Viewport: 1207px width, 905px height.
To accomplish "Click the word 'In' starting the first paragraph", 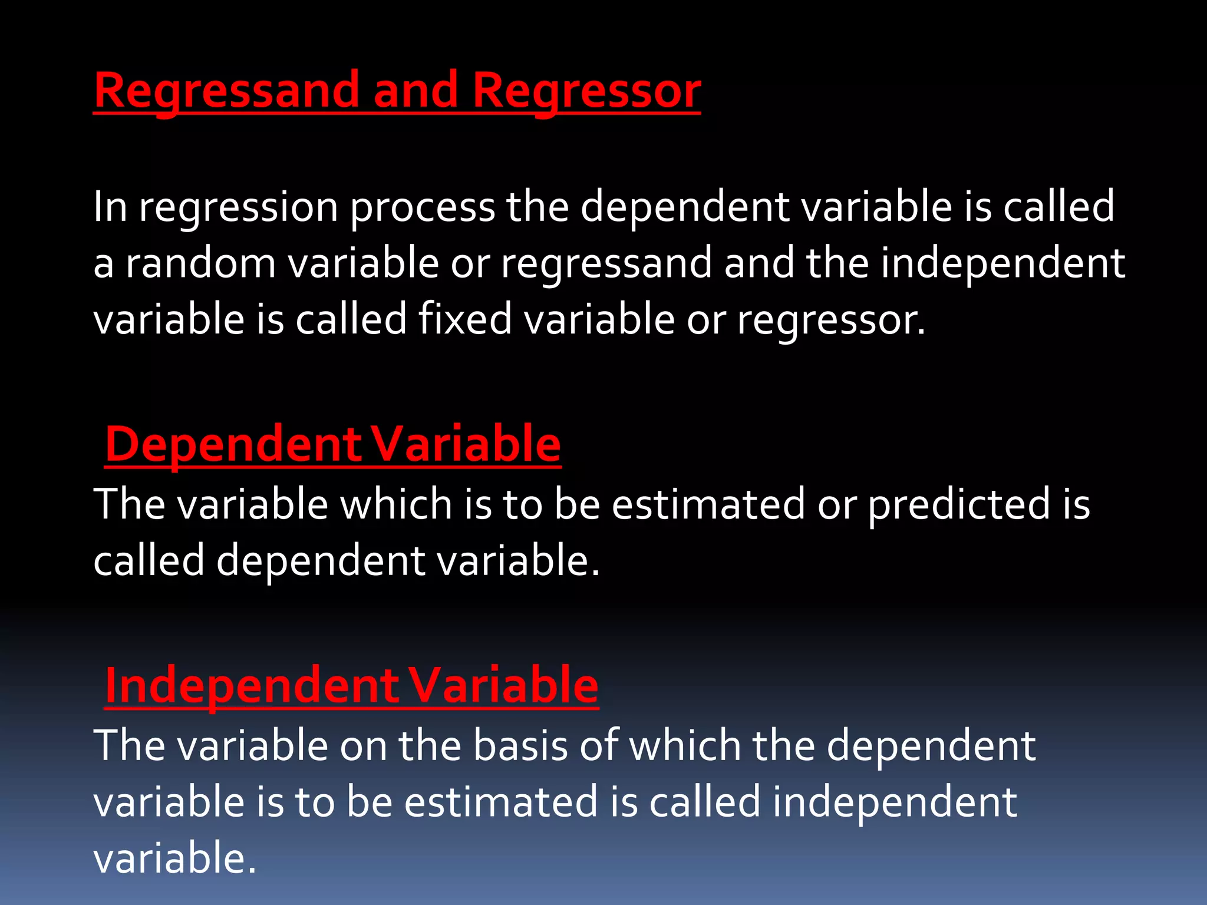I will tap(110, 207).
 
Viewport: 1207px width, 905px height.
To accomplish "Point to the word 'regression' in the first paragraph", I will tap(239, 207).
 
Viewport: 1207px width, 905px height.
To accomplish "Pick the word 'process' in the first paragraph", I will tap(423, 207).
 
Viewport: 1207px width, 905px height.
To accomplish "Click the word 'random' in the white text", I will tap(201, 263).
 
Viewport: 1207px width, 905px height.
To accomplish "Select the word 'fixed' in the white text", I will tap(465, 319).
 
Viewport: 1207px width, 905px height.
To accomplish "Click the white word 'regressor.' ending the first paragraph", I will tap(832, 319).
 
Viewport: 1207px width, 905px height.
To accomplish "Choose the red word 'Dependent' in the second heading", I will tap(233, 444).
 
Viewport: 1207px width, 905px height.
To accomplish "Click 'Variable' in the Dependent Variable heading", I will tap(466, 444).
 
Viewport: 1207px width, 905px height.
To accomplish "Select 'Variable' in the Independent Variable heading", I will tap(503, 686).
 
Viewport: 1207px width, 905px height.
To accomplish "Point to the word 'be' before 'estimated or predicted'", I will tap(576, 504).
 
